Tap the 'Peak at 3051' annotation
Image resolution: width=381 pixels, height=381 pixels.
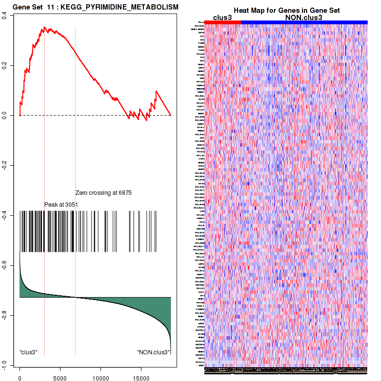(x=61, y=204)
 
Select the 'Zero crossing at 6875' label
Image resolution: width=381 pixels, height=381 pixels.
(x=103, y=193)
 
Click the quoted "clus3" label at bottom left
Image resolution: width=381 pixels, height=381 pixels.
(x=29, y=352)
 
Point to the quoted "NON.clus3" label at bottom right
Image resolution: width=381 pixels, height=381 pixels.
(x=153, y=352)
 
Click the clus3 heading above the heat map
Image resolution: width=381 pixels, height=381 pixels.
(x=222, y=17)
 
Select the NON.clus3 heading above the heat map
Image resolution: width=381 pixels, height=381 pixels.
(x=304, y=17)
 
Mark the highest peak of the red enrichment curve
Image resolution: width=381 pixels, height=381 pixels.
(x=44, y=27)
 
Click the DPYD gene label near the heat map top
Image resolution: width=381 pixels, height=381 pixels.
(x=201, y=32)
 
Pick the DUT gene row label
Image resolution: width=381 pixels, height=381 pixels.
(x=202, y=60)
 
